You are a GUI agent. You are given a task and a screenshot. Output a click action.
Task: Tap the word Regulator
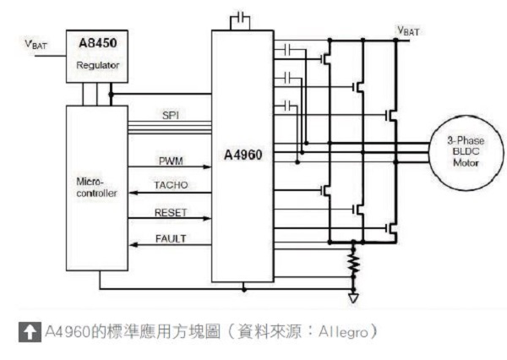pos(96,64)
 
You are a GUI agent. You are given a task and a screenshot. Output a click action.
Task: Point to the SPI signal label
pos(170,115)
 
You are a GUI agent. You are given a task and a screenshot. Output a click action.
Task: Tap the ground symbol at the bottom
pos(354,297)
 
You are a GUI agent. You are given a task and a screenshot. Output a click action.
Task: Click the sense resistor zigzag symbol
pos(354,265)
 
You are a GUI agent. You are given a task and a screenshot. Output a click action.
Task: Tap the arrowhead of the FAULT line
pos(131,246)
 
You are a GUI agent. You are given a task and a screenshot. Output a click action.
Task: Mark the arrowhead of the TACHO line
pos(131,194)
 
